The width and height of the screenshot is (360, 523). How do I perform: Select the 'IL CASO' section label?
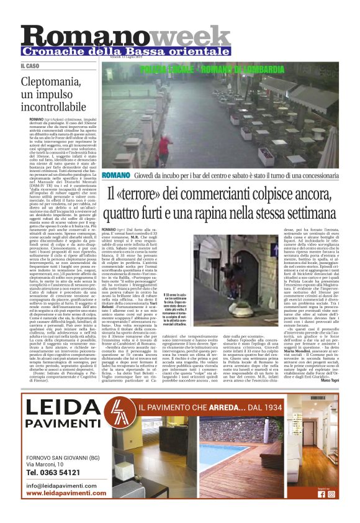(x=30, y=65)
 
